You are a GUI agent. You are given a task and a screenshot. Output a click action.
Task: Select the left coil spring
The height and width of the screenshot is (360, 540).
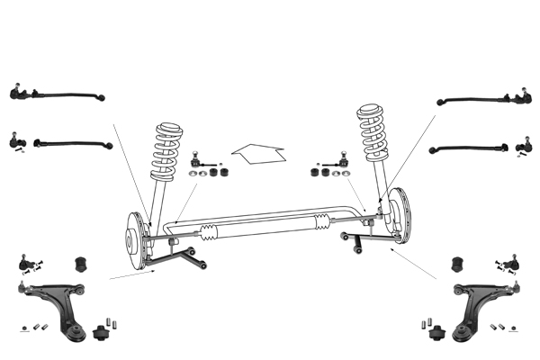[167, 148]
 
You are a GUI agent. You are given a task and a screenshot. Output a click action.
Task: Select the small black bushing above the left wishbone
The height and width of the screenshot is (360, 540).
[78, 262]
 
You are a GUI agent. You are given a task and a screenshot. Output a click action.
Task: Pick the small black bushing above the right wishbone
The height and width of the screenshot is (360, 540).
[455, 264]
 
